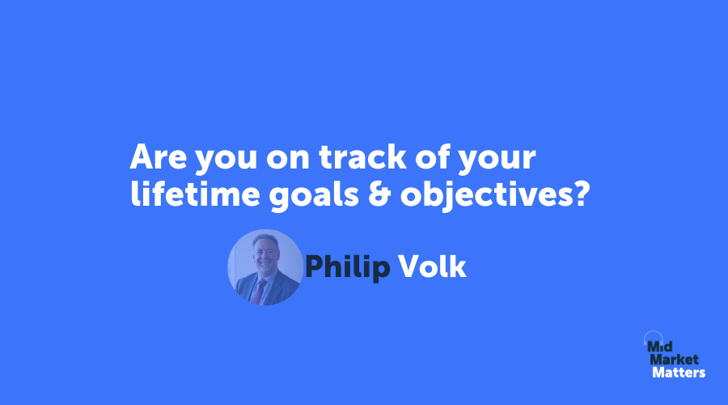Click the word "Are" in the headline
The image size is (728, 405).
(x=158, y=156)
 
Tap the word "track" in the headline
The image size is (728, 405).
(x=363, y=156)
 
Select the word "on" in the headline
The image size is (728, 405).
(x=288, y=160)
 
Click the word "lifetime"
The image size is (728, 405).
(x=195, y=194)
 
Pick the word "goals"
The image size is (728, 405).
(x=314, y=195)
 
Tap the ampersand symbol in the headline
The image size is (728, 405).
(x=379, y=194)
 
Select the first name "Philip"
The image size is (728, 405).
(x=347, y=268)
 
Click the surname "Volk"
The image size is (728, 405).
(x=432, y=266)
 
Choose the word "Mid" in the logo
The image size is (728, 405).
(x=660, y=347)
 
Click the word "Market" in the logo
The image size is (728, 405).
(x=674, y=360)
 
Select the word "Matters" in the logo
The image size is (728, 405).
(x=679, y=373)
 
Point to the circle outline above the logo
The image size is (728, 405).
(x=654, y=331)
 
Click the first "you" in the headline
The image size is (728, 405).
(x=226, y=160)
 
